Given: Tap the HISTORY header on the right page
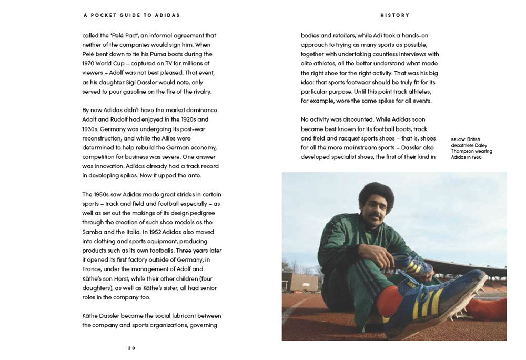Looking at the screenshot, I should point(394,15).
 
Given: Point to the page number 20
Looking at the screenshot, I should point(131,348).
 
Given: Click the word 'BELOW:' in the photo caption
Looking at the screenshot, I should point(458,139).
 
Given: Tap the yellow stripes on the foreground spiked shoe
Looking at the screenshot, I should point(429,302).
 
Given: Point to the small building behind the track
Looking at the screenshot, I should point(299,282).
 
